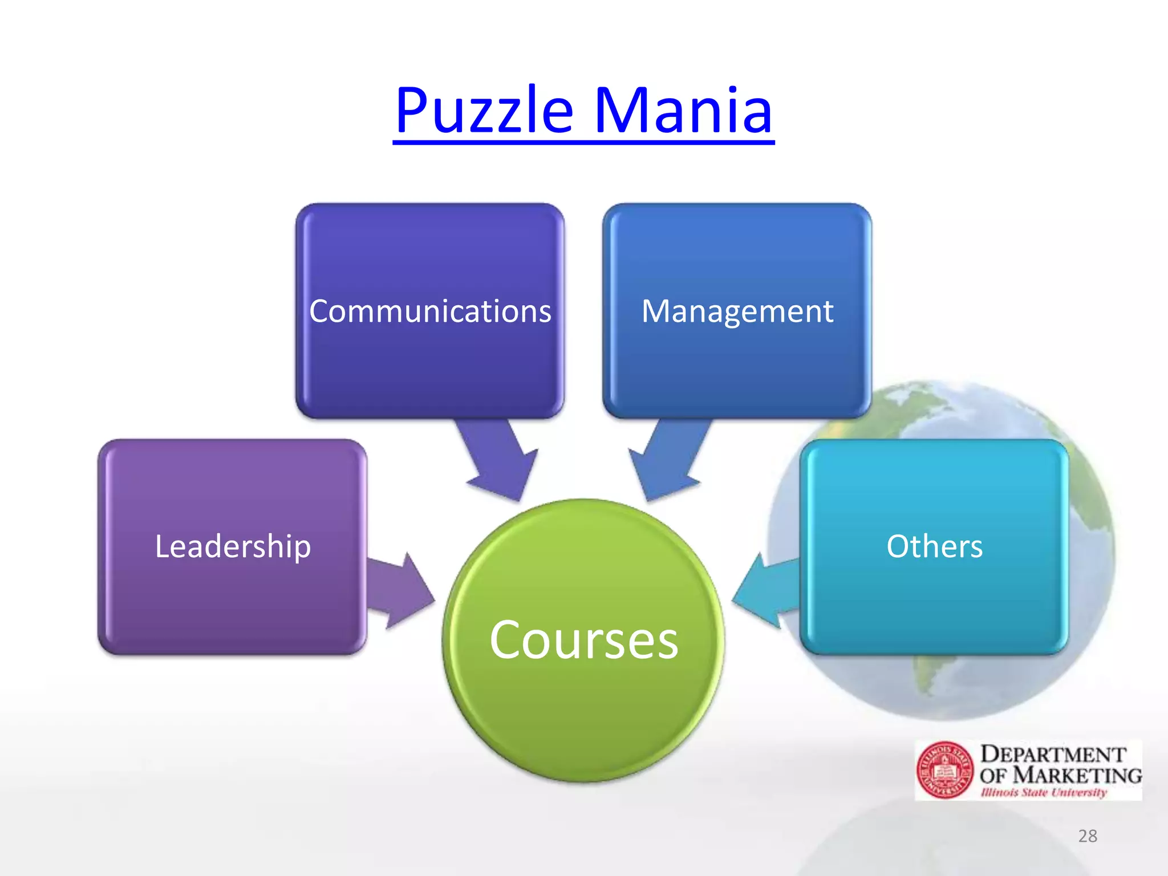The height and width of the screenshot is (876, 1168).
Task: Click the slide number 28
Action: [1088, 836]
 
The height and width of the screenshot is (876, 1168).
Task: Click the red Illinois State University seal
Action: [944, 770]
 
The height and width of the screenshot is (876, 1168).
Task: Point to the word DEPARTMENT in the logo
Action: [1053, 755]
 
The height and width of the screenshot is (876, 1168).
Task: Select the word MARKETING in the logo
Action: [1079, 775]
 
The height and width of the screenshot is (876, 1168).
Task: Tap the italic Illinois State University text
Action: [1044, 792]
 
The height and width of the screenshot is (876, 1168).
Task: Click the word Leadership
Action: [233, 546]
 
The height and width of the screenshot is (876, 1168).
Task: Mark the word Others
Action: [934, 546]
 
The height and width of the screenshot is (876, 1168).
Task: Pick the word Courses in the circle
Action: [583, 640]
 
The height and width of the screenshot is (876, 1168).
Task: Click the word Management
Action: [737, 311]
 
